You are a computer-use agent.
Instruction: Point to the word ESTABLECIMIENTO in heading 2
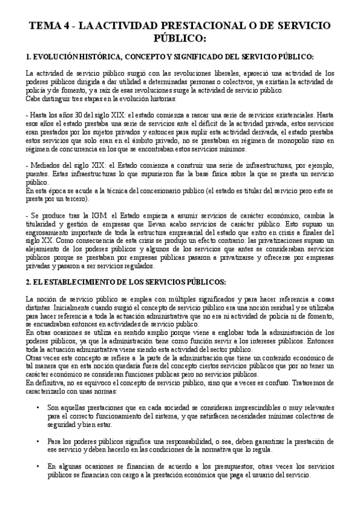pyautogui.click(x=84, y=282)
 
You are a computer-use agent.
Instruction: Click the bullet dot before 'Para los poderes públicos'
pyautogui.click(x=38, y=441)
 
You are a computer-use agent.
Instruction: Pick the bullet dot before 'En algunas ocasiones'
pyautogui.click(x=38, y=467)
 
